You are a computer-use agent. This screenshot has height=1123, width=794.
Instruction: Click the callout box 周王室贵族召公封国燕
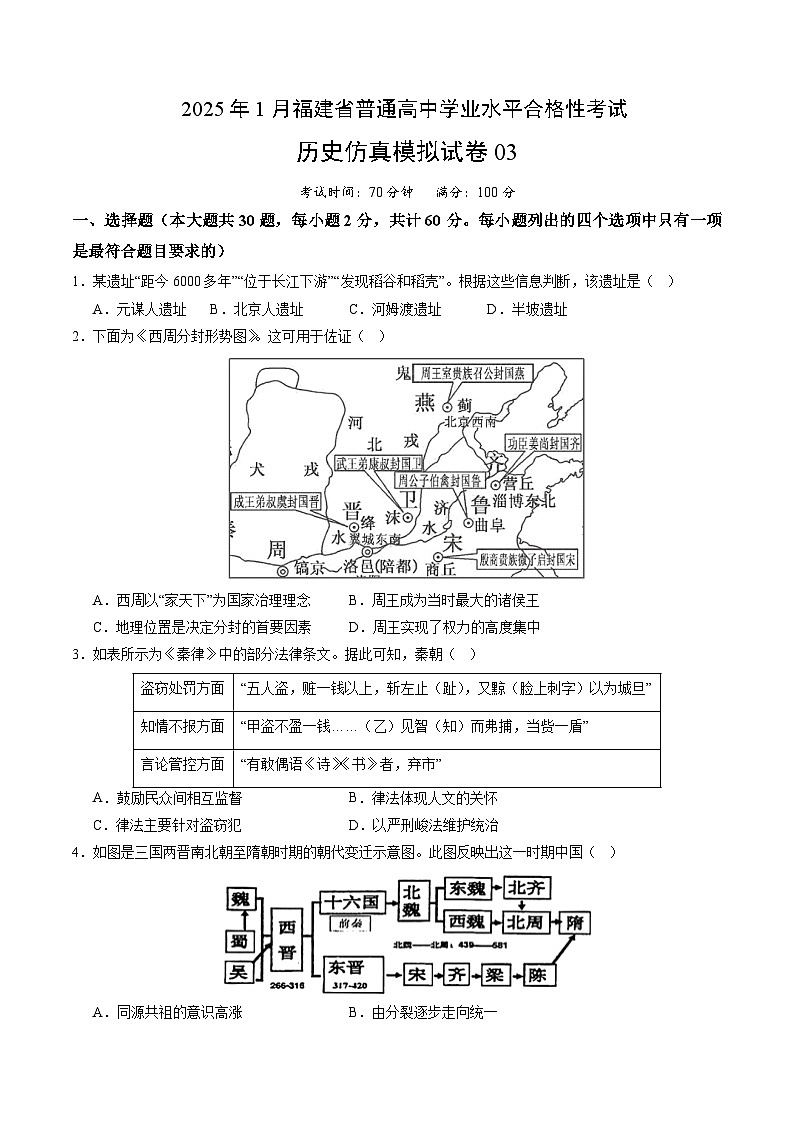pyautogui.click(x=475, y=374)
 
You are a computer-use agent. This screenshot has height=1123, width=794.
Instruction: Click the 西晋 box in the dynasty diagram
pyautogui.click(x=287, y=939)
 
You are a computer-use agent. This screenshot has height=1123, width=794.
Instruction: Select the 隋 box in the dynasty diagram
pyautogui.click(x=574, y=923)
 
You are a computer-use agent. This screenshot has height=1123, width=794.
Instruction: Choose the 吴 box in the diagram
pyautogui.click(x=239, y=972)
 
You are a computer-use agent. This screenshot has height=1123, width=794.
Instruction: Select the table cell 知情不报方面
pyautogui.click(x=183, y=726)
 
